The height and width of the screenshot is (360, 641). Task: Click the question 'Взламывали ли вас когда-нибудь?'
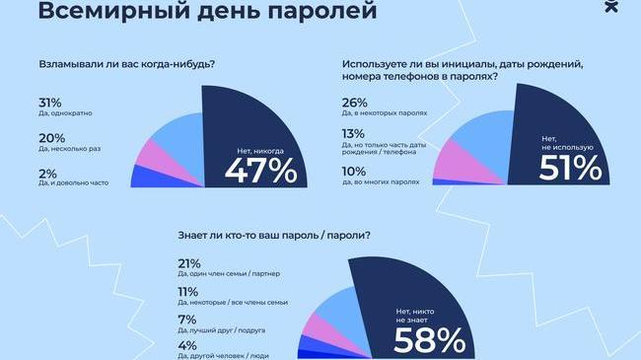tap(128, 66)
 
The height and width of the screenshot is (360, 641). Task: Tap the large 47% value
tap(260, 170)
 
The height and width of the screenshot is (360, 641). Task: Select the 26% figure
tap(355, 103)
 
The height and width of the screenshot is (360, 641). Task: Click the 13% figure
tap(353, 135)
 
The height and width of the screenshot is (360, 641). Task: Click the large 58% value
tap(429, 340)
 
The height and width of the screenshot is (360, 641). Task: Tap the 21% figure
tap(187, 264)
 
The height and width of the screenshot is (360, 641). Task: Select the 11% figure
tap(186, 292)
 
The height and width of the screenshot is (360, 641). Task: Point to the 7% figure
tap(183, 320)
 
